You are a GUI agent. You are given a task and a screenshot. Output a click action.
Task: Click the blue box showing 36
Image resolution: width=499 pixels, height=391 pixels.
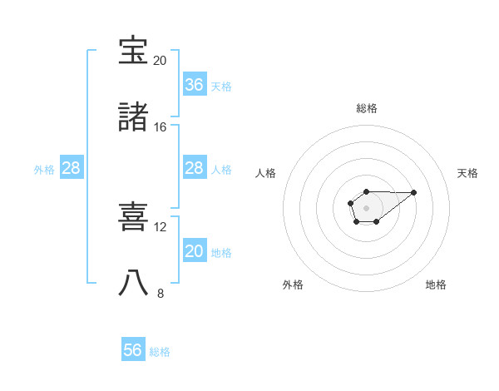tap(195, 84)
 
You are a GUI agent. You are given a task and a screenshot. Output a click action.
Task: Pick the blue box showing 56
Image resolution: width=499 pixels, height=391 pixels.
tap(133, 350)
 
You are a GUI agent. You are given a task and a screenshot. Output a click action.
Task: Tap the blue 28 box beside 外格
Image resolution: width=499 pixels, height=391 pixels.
tap(72, 168)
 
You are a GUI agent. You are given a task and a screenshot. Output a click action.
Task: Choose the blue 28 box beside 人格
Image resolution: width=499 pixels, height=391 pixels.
tap(195, 168)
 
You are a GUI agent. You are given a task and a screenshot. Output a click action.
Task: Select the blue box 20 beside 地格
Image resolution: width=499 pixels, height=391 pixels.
tap(195, 251)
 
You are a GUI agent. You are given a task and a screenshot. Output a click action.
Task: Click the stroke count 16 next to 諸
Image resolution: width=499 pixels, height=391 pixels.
tap(160, 127)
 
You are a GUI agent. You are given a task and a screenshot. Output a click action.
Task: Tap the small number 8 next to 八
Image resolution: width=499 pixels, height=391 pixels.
tap(161, 294)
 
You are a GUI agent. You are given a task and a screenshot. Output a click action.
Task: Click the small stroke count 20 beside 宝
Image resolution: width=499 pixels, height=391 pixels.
tap(160, 61)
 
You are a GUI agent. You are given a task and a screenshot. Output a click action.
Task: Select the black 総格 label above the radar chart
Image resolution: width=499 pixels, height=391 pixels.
tap(367, 108)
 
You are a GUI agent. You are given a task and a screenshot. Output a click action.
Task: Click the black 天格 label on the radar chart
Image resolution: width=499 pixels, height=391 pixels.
tap(467, 173)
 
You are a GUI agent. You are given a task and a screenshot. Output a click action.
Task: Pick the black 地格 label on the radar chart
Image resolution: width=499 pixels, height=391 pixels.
tap(436, 285)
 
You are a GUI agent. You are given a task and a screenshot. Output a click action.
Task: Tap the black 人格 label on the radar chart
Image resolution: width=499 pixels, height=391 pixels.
tap(266, 173)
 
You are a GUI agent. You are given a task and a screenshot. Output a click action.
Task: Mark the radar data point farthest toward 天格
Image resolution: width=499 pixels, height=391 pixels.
tap(414, 192)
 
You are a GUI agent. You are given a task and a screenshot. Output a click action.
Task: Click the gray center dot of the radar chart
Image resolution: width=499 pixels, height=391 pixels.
tap(366, 207)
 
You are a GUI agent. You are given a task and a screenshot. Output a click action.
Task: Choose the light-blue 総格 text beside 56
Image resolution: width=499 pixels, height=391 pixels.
tap(160, 352)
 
